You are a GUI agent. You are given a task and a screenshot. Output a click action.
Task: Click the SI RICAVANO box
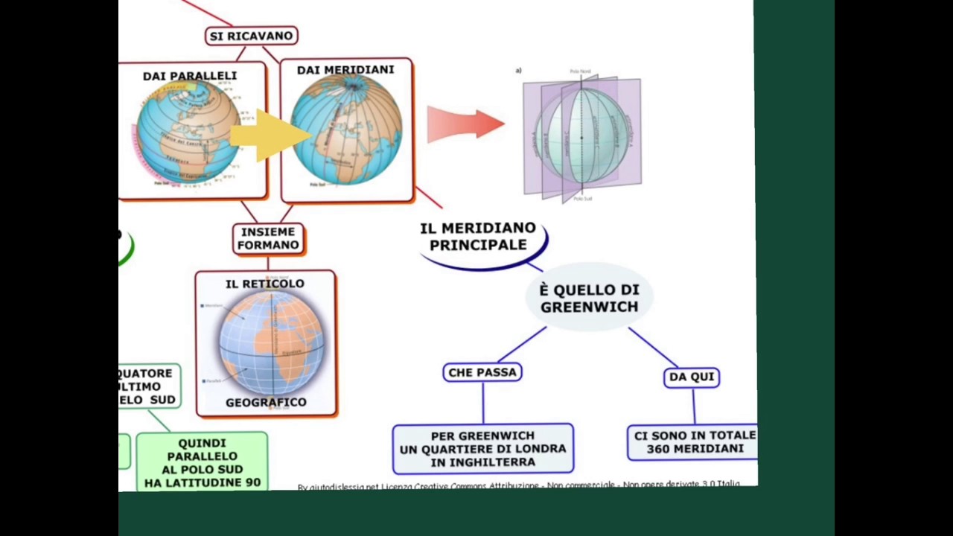coord(252,36)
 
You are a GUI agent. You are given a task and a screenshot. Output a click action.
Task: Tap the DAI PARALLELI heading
coord(190,76)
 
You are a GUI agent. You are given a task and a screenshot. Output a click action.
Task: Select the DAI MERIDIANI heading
coord(345,70)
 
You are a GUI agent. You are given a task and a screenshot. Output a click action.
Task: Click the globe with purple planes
coord(581,135)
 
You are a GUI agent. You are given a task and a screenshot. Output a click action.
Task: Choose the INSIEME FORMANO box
coord(269,238)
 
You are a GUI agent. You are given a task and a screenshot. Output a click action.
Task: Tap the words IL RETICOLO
coord(265,284)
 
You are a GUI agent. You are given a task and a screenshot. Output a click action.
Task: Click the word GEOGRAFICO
coord(266,403)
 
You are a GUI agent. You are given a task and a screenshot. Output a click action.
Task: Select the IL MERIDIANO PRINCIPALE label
coord(478,237)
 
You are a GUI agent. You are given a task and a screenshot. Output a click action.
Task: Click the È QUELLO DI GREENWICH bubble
coord(589,298)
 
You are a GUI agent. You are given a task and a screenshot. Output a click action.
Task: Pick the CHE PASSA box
coord(482,372)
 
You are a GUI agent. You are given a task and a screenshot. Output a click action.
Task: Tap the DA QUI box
coord(692,377)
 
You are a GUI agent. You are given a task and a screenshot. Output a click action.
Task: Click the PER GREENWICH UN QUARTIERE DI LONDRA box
coord(482,449)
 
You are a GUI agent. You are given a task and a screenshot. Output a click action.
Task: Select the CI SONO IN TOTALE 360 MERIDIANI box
coord(694,442)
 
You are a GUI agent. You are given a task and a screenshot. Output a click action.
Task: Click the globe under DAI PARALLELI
coord(186,133)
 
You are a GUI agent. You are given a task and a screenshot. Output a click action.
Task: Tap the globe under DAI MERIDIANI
coord(347,131)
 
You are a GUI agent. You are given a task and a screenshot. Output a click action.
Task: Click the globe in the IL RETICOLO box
coord(271,342)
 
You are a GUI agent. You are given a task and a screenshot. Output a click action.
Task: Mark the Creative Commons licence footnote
coord(519,485)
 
